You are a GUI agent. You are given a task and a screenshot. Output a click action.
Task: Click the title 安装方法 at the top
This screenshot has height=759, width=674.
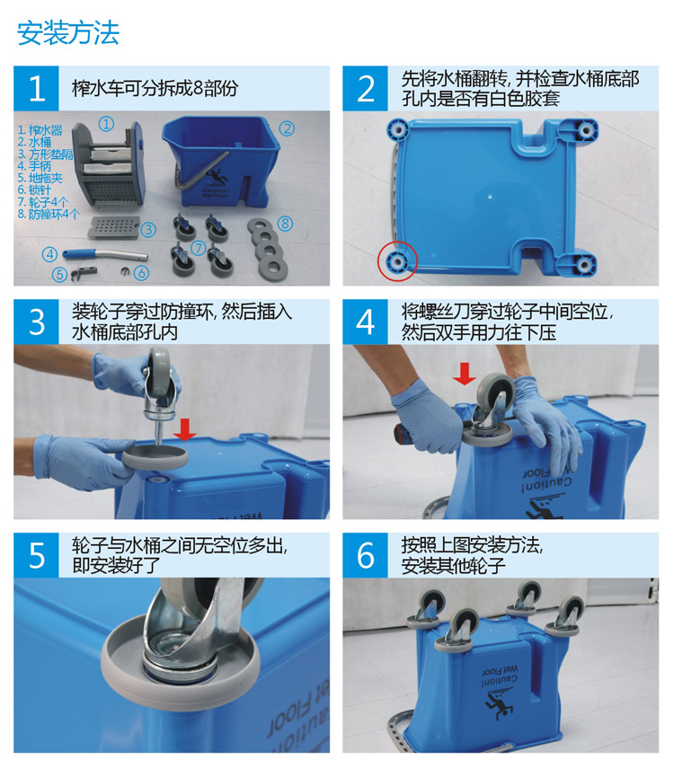point(68,33)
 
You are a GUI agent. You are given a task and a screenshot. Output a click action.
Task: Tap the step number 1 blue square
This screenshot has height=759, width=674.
point(36,89)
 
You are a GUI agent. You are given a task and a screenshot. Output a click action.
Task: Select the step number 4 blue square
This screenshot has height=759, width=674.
point(365,322)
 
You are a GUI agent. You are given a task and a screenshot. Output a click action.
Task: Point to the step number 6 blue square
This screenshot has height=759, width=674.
point(365,555)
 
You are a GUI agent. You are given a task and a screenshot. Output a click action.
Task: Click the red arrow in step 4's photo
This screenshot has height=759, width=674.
point(465,375)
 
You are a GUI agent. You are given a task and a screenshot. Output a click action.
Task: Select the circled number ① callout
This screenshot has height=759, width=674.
point(107,124)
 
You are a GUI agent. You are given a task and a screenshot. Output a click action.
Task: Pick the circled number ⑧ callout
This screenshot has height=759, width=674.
point(285,223)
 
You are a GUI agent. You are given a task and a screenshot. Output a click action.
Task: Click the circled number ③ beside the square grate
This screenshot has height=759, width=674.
point(148,229)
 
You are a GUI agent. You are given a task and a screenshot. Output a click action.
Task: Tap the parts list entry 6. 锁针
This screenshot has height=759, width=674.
point(34,190)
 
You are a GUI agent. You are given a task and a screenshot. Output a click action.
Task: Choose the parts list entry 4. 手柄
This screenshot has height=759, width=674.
point(34,166)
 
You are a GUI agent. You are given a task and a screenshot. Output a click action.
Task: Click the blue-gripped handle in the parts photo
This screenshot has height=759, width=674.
point(104,254)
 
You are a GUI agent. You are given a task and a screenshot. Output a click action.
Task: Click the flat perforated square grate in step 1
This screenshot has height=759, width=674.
point(114,227)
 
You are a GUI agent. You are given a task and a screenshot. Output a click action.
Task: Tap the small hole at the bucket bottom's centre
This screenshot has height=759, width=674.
point(491,197)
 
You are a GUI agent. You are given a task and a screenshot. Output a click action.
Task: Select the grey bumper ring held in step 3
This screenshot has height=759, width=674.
point(155,457)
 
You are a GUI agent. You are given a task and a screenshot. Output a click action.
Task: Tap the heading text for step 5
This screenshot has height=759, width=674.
point(180,555)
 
